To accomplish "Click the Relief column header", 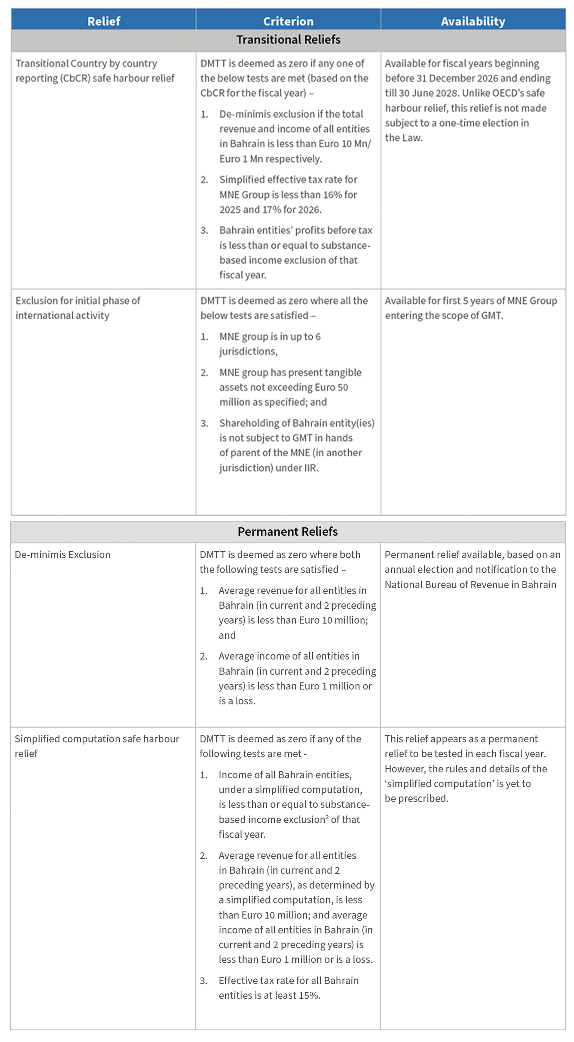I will [x=104, y=21].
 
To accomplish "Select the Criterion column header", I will [x=288, y=21].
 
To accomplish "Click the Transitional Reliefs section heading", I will [x=288, y=40].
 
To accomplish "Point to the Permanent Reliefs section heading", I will [x=287, y=532].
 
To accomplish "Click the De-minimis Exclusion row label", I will [x=62, y=555].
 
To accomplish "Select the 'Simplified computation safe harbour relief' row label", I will [x=97, y=745].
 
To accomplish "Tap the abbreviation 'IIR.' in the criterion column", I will [x=311, y=468].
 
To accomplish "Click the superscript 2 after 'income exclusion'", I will [x=327, y=817].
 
